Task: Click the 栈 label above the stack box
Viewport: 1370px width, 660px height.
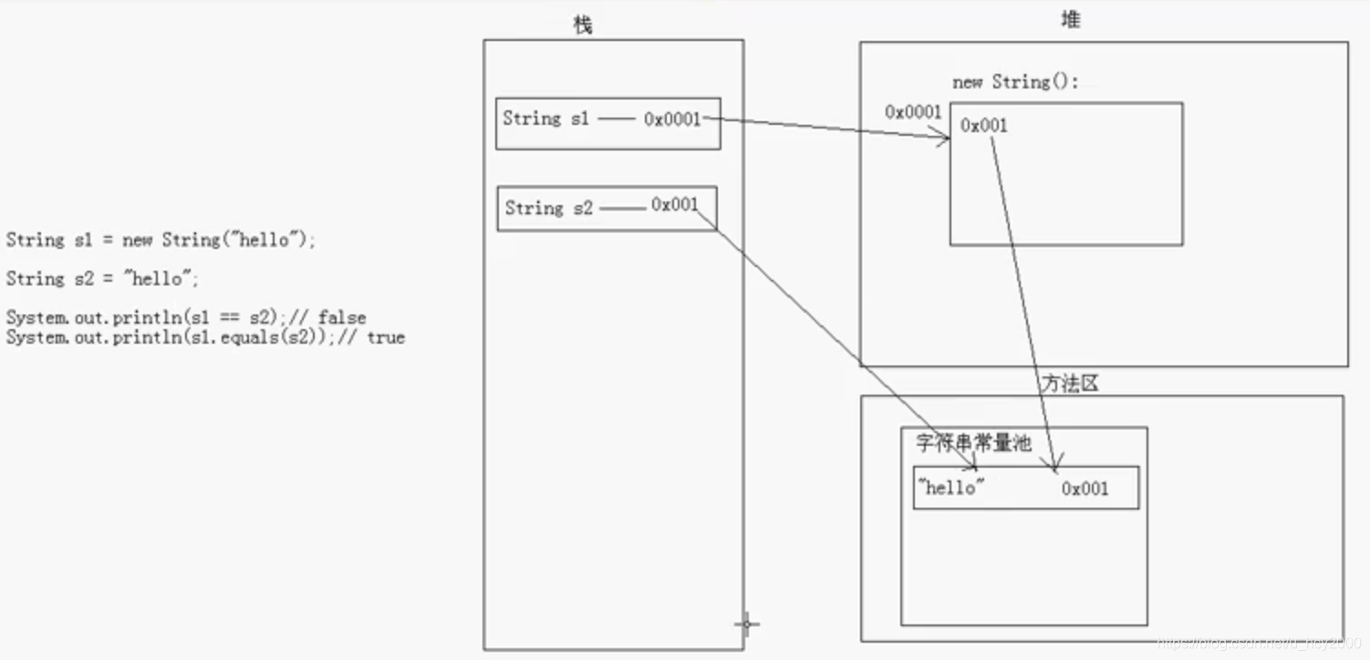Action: pos(582,26)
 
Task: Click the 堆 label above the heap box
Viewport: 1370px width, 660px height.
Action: pos(1071,20)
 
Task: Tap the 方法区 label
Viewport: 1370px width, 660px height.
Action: pos(1070,384)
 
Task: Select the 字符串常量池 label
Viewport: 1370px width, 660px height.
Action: pos(973,443)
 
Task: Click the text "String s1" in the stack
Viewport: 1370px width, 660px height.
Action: pos(545,119)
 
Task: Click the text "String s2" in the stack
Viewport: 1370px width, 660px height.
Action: pos(548,208)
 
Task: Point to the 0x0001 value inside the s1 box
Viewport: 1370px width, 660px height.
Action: pos(672,119)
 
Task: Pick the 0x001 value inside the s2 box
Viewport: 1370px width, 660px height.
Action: pos(674,206)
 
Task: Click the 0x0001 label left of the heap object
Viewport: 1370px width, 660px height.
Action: pos(912,112)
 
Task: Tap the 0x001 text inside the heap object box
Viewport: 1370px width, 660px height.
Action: pos(983,126)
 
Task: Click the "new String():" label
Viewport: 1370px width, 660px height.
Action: pos(1015,82)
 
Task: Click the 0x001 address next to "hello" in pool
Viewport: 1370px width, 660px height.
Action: pos(1085,489)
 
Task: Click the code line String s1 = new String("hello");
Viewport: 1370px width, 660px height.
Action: pos(161,241)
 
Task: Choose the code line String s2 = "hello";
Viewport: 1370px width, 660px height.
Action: pos(102,279)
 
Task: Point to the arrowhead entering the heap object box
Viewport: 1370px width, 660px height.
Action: pos(946,138)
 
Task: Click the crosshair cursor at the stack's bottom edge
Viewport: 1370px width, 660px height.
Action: pos(746,624)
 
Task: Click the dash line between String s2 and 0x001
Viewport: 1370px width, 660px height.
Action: pos(622,209)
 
